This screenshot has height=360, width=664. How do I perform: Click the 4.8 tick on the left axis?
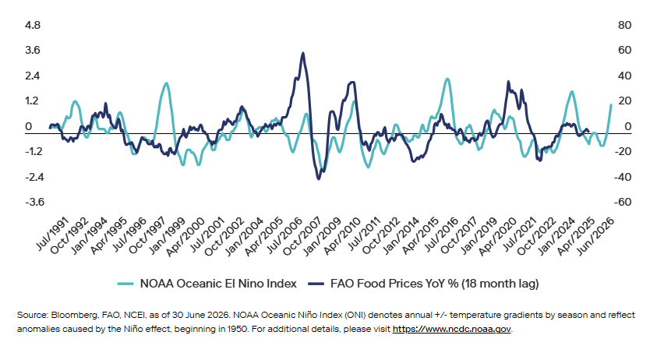coord(33,26)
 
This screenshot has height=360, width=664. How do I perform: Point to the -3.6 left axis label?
coord(35,202)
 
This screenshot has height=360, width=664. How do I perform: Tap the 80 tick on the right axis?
coord(624,26)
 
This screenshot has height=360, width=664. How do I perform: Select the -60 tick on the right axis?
coord(623,202)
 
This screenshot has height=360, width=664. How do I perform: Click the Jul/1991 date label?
coord(51,233)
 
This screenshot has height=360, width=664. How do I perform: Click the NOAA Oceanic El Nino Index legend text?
coord(218,284)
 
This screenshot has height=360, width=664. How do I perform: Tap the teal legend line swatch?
coord(125,284)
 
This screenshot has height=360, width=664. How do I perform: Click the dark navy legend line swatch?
coord(316,284)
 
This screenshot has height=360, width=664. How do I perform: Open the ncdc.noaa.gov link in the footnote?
coord(452,329)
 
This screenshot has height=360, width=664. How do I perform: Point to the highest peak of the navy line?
coord(303,53)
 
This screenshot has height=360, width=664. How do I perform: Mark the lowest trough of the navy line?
coord(319,178)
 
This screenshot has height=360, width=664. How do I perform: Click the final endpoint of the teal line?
coord(611,104)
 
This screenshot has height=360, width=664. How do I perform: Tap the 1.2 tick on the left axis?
coord(32,101)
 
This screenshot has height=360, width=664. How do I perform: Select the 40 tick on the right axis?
coord(624,76)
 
